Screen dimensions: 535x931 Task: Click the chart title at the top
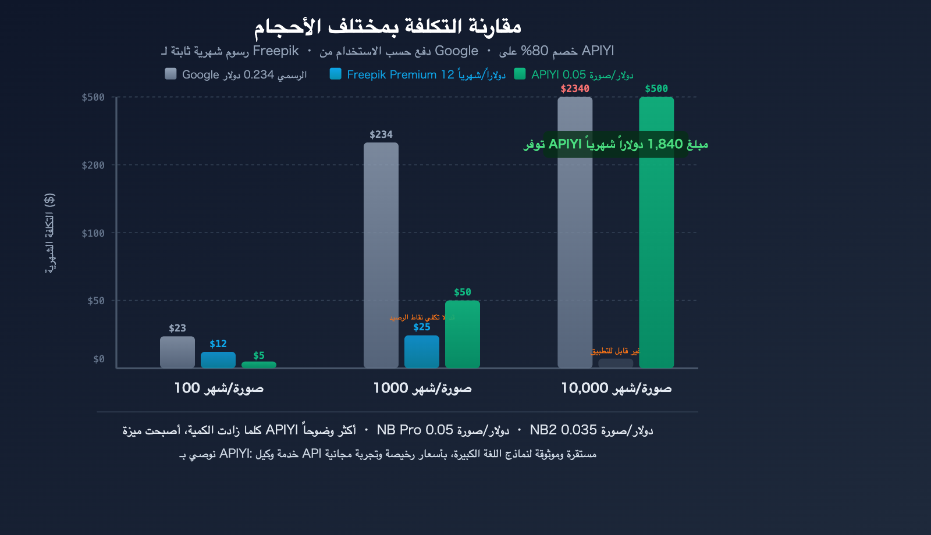click(x=387, y=27)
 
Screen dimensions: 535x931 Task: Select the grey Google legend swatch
click(x=170, y=74)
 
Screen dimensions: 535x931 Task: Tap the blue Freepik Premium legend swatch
click(x=335, y=74)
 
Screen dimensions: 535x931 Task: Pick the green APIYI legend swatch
click(x=520, y=74)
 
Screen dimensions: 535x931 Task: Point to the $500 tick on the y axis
click(x=93, y=97)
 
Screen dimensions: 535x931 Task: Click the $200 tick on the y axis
click(x=93, y=165)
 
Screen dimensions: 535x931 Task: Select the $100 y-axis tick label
click(x=93, y=233)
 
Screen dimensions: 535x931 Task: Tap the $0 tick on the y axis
click(x=99, y=359)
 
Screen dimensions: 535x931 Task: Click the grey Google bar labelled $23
click(x=177, y=352)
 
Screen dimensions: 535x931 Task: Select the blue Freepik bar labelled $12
click(x=218, y=360)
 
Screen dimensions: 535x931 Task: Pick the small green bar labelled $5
click(x=259, y=365)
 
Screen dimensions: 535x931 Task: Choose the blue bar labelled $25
click(x=422, y=351)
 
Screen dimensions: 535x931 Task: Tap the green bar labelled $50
click(x=463, y=334)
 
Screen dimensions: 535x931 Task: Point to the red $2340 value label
click(x=575, y=88)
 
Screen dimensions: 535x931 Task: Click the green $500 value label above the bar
click(x=656, y=88)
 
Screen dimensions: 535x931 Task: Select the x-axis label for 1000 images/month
click(x=422, y=388)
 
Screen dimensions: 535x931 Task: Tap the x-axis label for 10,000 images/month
click(x=616, y=388)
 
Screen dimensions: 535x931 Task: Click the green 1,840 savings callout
click(x=616, y=144)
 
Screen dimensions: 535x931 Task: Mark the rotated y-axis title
click(x=50, y=233)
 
